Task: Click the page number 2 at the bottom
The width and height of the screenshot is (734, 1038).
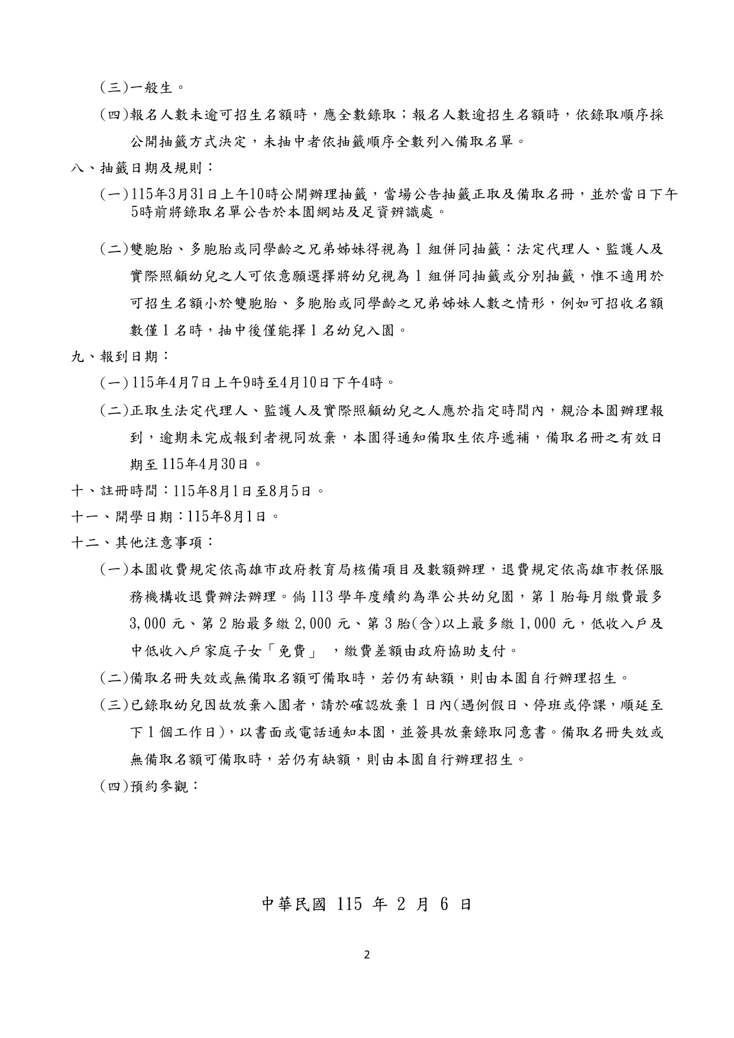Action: [x=367, y=954]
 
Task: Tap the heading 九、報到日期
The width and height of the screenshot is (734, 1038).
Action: [x=120, y=356]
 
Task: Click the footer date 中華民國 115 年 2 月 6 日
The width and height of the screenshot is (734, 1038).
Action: [x=367, y=904]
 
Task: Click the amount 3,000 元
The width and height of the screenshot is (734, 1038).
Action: [x=157, y=624]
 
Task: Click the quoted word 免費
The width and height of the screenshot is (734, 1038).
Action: [x=299, y=651]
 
